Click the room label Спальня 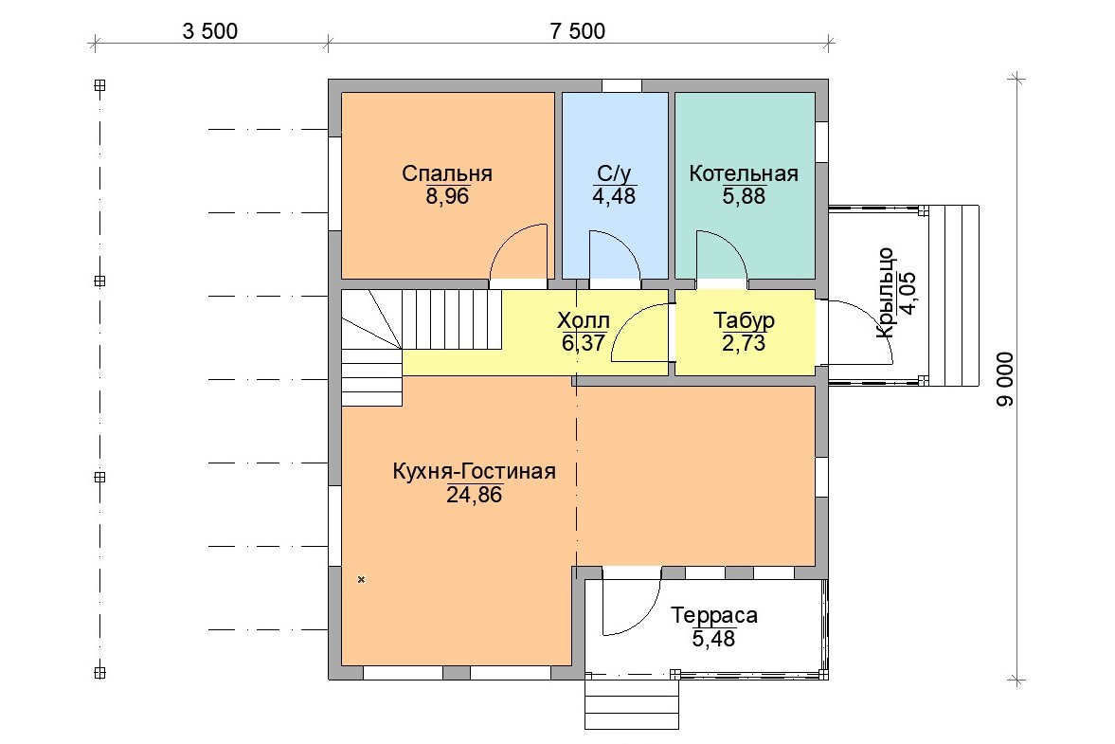[x=446, y=173]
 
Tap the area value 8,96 [x=447, y=196]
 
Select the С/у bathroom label [x=614, y=173]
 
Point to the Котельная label [x=743, y=173]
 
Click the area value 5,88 [x=744, y=196]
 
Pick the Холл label [x=584, y=320]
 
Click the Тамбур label [x=744, y=320]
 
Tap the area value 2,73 [x=744, y=343]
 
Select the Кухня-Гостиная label [x=475, y=472]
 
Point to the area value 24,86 [x=475, y=495]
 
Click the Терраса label [x=714, y=615]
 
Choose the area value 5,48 [x=714, y=638]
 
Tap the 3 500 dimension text [x=209, y=31]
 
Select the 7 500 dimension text [x=578, y=31]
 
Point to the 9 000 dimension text [x=1005, y=379]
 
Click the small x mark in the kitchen [x=361, y=580]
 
